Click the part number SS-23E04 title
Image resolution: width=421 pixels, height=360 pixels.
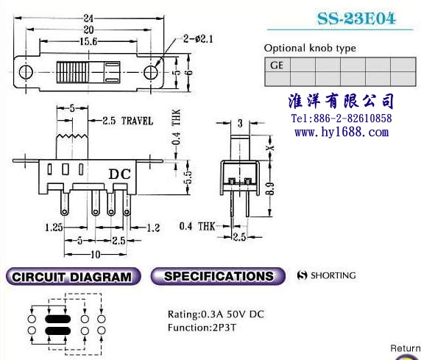click(356, 18)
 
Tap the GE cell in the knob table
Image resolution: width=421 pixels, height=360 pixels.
click(277, 65)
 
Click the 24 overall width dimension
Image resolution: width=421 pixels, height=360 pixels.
click(88, 18)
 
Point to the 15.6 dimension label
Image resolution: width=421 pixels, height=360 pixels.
click(88, 41)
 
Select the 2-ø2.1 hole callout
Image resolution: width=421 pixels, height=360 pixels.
click(198, 39)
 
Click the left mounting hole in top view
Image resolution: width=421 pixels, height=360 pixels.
click(26, 72)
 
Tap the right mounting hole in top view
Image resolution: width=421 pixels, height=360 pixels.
click(150, 72)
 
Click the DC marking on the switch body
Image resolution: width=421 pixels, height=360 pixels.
click(120, 174)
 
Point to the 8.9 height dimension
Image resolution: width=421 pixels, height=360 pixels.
click(271, 188)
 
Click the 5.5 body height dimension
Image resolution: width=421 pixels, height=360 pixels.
click(188, 177)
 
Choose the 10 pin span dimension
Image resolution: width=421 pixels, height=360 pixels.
click(96, 254)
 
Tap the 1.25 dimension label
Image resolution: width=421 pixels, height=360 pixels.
click(54, 227)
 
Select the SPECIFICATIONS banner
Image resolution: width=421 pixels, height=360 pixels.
click(218, 276)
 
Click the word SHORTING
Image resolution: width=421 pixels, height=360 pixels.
click(333, 275)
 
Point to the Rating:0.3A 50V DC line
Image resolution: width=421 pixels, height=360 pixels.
click(216, 314)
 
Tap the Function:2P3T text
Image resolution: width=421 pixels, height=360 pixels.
click(202, 328)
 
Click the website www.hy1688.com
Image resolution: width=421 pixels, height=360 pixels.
click(342, 133)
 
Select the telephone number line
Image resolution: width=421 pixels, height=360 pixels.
click(342, 119)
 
